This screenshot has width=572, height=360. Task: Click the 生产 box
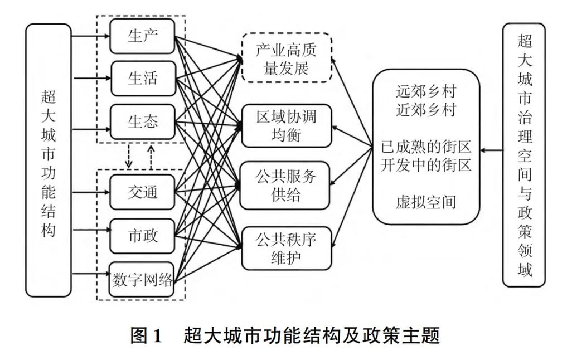[143, 36]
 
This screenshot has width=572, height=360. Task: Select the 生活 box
[143, 79]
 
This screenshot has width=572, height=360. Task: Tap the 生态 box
[143, 121]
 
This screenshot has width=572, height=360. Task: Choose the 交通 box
[143, 192]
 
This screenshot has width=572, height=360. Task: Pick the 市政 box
[143, 235]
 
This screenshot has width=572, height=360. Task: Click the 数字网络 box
[143, 279]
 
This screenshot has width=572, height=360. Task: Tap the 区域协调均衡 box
[286, 126]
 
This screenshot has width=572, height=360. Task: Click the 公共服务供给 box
[286, 186]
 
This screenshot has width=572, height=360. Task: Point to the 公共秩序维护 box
[286, 249]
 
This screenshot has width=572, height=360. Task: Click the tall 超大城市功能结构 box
[49, 159]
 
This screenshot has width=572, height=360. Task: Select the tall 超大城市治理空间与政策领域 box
[524, 155]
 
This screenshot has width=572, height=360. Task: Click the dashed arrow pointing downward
[129, 157]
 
